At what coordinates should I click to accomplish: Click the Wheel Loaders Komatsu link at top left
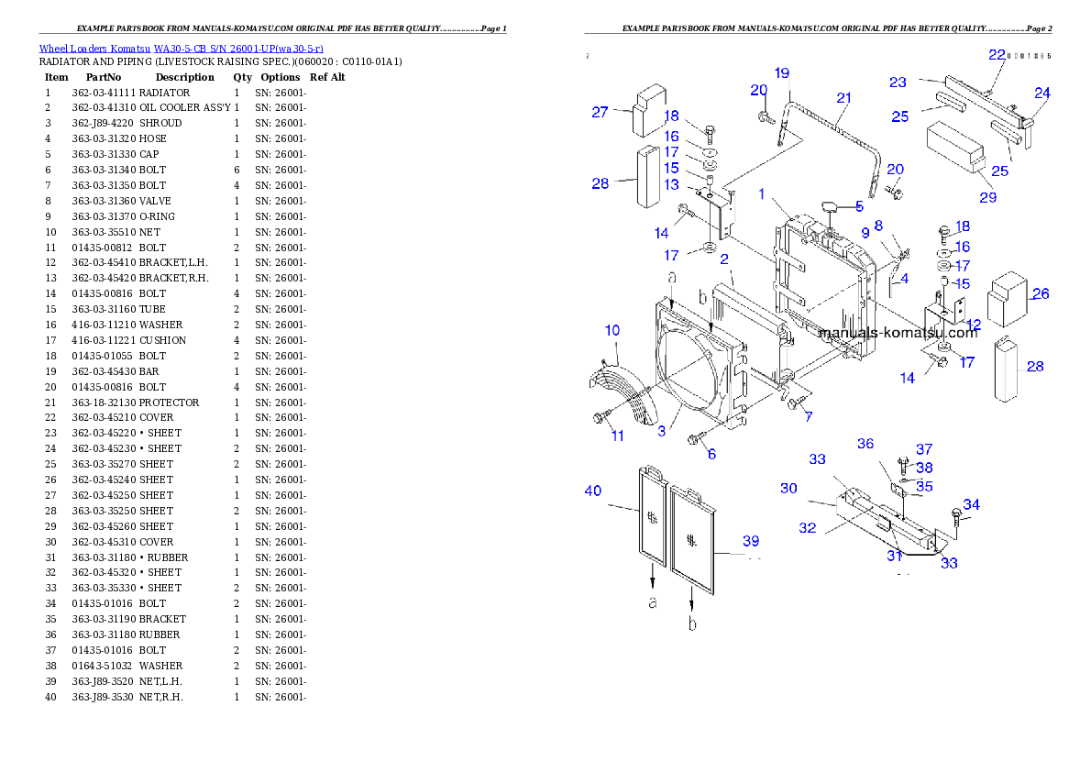[x=180, y=49]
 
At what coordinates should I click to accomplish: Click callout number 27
[x=600, y=113]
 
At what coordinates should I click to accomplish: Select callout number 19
[x=781, y=72]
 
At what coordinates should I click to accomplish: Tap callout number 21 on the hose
[x=843, y=98]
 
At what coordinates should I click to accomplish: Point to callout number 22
[x=997, y=55]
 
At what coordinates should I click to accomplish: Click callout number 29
[x=986, y=197]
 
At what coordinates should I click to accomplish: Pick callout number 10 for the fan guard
[x=612, y=330]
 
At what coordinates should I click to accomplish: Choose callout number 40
[x=593, y=491]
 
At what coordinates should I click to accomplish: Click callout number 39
[x=751, y=540]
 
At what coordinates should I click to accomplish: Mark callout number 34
[x=971, y=504]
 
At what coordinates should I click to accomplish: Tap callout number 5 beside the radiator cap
[x=859, y=206]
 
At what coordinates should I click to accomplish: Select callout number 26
[x=1041, y=294]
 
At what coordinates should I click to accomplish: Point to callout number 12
[x=973, y=324]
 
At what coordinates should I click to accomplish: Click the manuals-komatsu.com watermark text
[x=898, y=333]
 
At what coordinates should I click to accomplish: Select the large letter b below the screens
[x=692, y=623]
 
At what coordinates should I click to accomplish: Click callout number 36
[x=865, y=444]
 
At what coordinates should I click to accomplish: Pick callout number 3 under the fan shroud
[x=661, y=429]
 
